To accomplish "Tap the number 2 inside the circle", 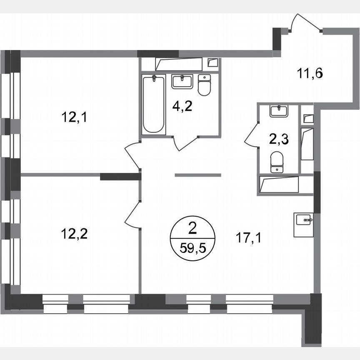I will coord(192,228).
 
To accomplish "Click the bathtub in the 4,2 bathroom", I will coord(154,104).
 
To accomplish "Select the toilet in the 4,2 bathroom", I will coord(204,85).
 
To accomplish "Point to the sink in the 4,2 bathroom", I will coord(182,81).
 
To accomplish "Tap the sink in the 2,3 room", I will coord(279,111).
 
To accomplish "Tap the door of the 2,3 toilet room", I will coord(251,134).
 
